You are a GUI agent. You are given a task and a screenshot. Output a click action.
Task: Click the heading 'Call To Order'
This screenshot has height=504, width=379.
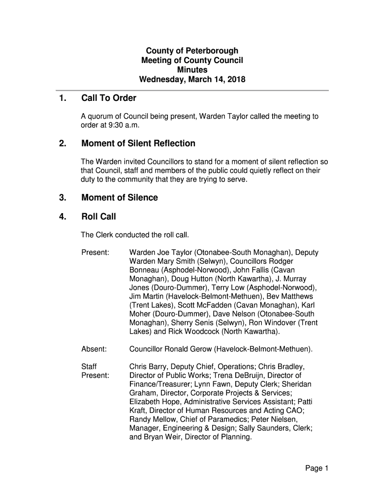click(x=108, y=98)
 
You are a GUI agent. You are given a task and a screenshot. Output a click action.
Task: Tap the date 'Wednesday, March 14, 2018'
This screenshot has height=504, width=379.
click(x=192, y=79)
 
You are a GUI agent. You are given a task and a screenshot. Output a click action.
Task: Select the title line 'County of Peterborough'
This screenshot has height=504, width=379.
click(x=192, y=51)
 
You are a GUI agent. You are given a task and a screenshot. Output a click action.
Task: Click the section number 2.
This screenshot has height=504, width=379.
click(x=62, y=144)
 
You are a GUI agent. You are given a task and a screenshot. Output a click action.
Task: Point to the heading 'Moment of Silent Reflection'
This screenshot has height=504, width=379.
click(x=138, y=144)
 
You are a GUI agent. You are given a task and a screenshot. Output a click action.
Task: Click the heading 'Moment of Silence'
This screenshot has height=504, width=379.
click(x=120, y=198)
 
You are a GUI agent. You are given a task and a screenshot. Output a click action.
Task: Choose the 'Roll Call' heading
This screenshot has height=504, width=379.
click(x=98, y=217)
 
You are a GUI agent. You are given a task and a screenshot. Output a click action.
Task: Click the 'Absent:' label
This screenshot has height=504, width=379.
click(x=94, y=349)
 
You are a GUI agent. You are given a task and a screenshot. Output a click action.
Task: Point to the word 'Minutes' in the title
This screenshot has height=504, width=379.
click(x=192, y=70)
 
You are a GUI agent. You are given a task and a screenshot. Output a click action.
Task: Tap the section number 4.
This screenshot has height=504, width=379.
click(x=62, y=217)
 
